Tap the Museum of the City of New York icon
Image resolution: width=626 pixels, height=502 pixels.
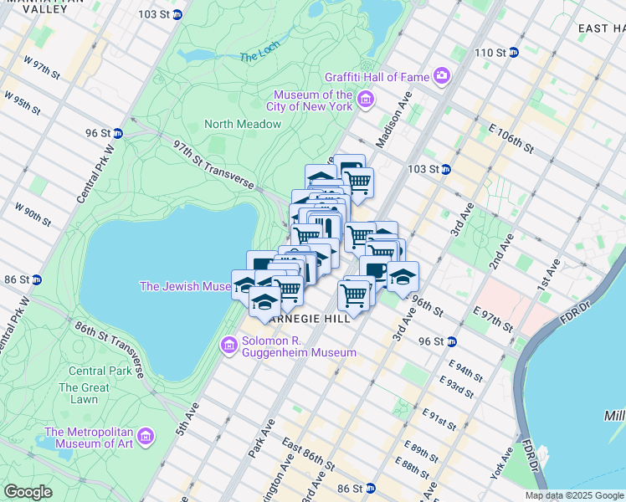[x=365, y=101]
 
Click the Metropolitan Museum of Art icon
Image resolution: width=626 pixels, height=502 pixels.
[x=146, y=437]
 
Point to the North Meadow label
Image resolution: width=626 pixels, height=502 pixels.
[x=243, y=124]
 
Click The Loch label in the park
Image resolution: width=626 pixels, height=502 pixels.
[x=257, y=57]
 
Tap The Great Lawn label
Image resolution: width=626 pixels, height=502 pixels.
[x=84, y=393]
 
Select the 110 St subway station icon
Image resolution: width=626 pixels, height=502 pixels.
[x=514, y=53]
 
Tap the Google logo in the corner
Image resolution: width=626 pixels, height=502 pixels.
[x=28, y=492]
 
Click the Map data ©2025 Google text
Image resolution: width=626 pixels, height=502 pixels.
[x=573, y=495]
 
